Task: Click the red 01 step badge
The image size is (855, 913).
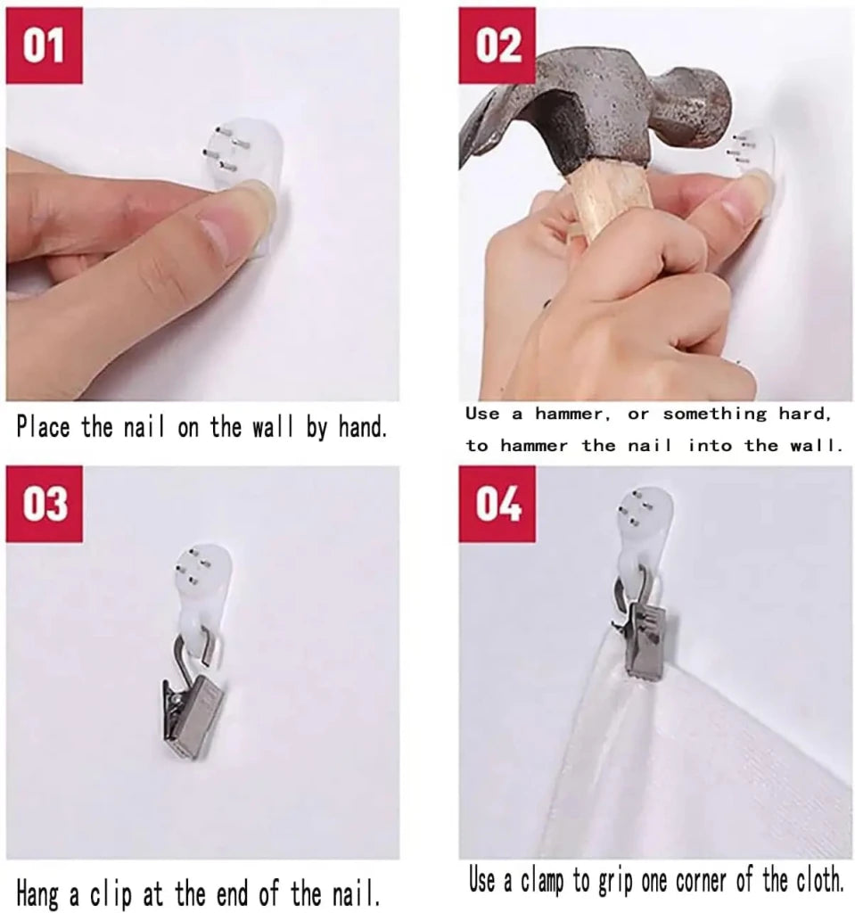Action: (x=45, y=45)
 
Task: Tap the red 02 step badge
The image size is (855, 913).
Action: (x=497, y=45)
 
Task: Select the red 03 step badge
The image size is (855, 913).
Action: (x=45, y=504)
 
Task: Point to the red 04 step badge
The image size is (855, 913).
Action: (x=497, y=504)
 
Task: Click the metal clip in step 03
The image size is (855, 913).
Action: (x=193, y=693)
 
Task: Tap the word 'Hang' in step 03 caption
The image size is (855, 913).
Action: (x=39, y=893)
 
